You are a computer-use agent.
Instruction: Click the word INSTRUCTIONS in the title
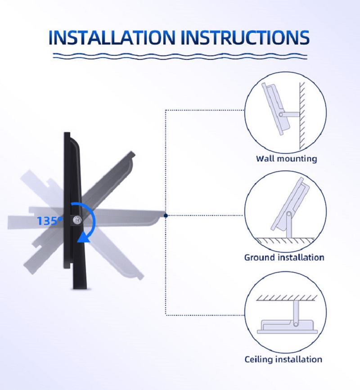pyautogui.click(x=246, y=37)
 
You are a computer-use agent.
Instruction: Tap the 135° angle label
pyautogui.click(x=49, y=220)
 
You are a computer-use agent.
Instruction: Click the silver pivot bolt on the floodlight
pyautogui.click(x=77, y=220)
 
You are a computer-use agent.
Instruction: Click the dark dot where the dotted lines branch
pyautogui.click(x=166, y=215)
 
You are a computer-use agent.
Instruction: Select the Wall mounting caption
pyautogui.click(x=286, y=159)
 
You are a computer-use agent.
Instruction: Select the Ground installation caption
pyautogui.click(x=284, y=257)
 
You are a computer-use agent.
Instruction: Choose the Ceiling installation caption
pyautogui.click(x=283, y=359)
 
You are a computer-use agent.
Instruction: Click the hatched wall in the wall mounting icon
pyautogui.click(x=302, y=116)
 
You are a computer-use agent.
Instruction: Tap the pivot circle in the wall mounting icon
pyautogui.click(x=281, y=115)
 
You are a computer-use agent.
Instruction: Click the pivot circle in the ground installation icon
pyautogui.click(x=288, y=214)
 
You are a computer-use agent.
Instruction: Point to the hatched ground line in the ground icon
pyautogui.click(x=285, y=240)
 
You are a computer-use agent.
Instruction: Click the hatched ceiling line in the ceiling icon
pyautogui.click(x=287, y=298)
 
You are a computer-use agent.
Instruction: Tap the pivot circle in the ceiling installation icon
pyautogui.click(x=296, y=324)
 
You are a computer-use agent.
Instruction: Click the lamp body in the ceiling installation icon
pyautogui.click(x=288, y=327)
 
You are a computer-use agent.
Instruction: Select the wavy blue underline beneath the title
pyautogui.click(x=180, y=56)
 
